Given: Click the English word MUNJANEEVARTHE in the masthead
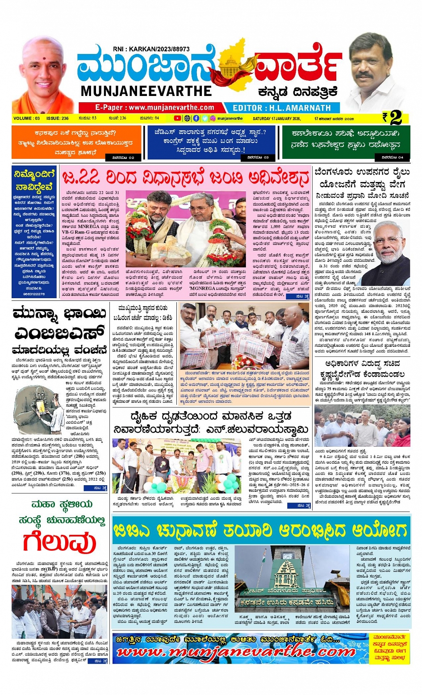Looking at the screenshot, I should (x=146, y=91).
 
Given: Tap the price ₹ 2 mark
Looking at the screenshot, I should (x=392, y=118).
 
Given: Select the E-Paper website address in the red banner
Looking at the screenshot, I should (x=155, y=108).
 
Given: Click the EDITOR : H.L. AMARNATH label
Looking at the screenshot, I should (x=282, y=108).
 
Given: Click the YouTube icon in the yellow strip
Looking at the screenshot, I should (x=177, y=118).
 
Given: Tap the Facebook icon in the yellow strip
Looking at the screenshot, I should (x=196, y=118).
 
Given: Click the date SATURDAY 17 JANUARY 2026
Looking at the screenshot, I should (x=276, y=119).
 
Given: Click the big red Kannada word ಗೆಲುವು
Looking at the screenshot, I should (x=59, y=542).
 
